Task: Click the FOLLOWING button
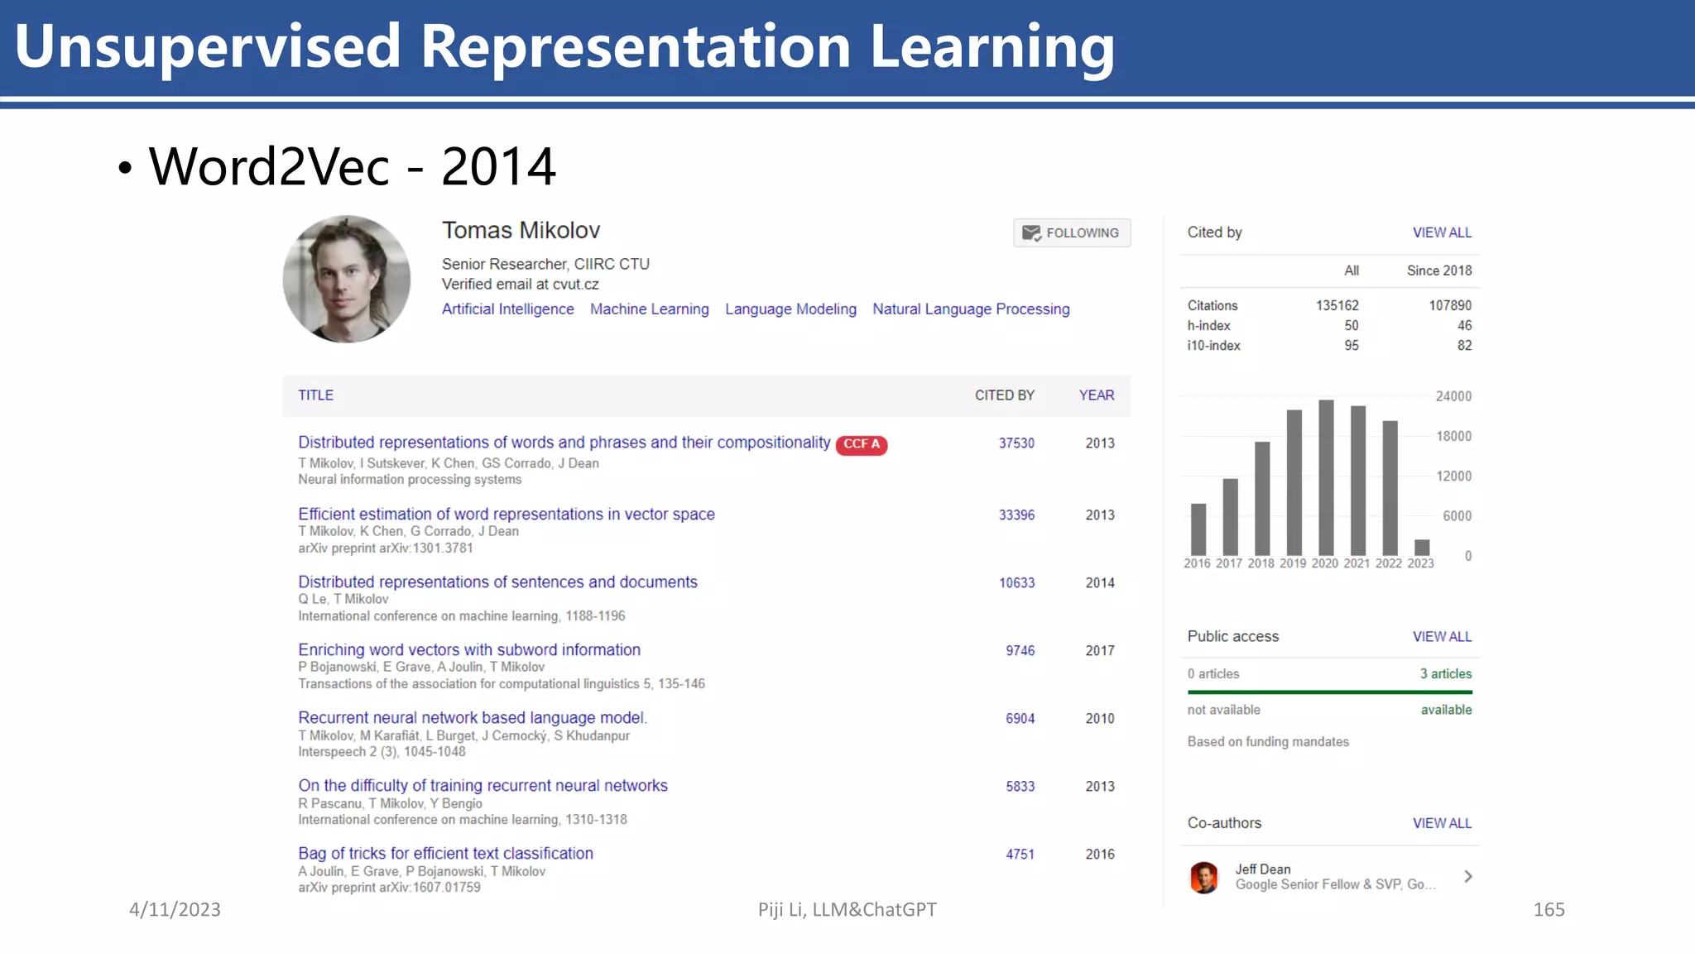(x=1072, y=233)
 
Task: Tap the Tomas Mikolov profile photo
(x=347, y=280)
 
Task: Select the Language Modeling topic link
(x=790, y=309)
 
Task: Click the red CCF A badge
(x=862, y=444)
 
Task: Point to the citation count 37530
(x=1016, y=443)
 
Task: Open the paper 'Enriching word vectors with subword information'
(x=469, y=650)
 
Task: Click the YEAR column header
(x=1097, y=395)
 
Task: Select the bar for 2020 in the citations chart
(x=1326, y=477)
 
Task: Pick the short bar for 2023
(x=1422, y=547)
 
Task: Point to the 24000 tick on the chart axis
(x=1453, y=396)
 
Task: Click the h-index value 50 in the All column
(x=1351, y=326)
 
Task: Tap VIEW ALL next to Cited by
(x=1442, y=233)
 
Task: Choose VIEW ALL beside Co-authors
(x=1442, y=824)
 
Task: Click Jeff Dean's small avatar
(x=1204, y=878)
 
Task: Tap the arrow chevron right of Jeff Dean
(x=1468, y=877)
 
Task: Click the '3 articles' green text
(x=1446, y=674)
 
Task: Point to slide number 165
(x=1549, y=910)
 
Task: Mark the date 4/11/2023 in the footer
(x=175, y=910)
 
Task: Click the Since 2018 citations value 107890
(x=1450, y=306)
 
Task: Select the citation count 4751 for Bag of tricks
(x=1020, y=855)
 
